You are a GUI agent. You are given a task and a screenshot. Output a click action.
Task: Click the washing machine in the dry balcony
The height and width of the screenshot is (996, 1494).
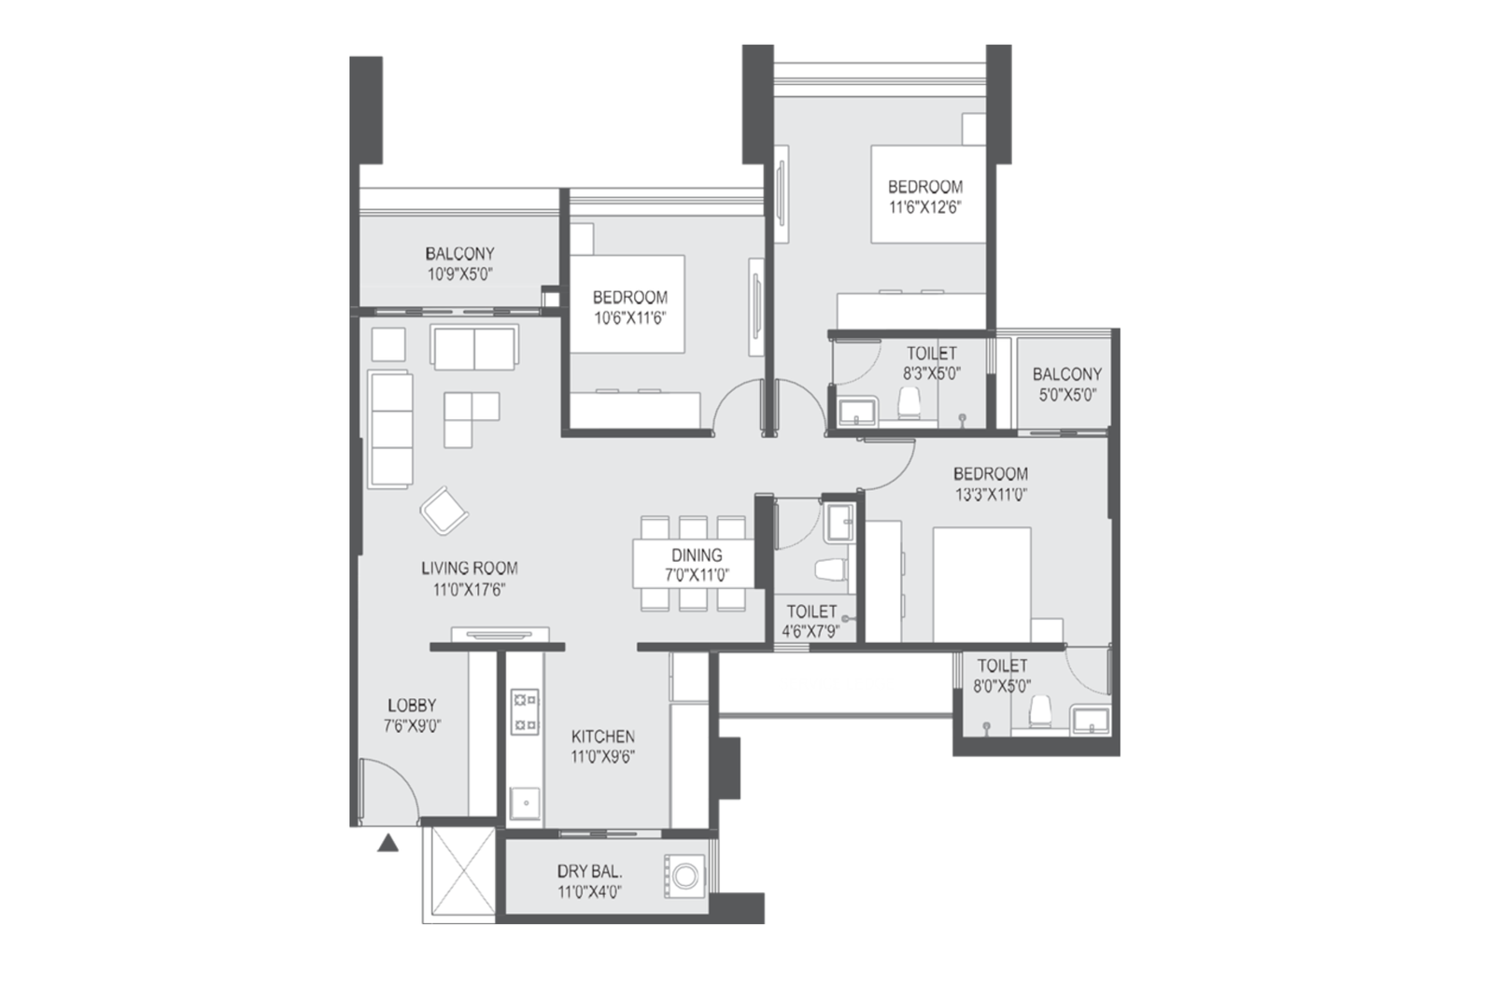(x=685, y=877)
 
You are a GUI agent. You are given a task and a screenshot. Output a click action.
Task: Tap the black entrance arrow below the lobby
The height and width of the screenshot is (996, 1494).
(x=388, y=844)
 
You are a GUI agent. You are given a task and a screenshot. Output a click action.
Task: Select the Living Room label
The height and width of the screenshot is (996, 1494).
(x=469, y=568)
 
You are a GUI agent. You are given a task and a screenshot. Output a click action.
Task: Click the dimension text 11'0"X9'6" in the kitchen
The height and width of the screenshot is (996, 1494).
(x=602, y=757)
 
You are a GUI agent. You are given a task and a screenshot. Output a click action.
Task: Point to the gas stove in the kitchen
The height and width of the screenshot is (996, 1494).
(x=524, y=711)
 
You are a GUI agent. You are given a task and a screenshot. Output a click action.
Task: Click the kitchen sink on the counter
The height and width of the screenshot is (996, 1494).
(x=525, y=804)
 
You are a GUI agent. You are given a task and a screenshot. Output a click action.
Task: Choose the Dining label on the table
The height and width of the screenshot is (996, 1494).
(x=697, y=555)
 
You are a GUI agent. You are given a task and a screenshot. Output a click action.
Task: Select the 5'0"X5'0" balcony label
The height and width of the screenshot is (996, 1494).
(x=1066, y=394)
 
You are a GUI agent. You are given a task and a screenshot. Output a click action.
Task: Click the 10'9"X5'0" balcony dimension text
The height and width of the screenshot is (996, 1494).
(x=459, y=274)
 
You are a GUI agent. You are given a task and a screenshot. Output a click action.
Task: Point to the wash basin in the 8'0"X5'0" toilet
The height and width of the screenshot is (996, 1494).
(x=1089, y=720)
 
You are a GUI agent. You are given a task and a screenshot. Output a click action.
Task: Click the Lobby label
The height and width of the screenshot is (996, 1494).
(x=412, y=706)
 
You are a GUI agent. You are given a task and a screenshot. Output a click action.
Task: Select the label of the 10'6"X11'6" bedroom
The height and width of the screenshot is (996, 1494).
(x=630, y=298)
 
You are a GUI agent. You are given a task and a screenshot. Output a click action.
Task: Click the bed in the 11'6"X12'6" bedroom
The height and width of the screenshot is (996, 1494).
(x=927, y=194)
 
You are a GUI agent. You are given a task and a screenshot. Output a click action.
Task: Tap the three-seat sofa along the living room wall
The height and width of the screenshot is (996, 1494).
(x=390, y=428)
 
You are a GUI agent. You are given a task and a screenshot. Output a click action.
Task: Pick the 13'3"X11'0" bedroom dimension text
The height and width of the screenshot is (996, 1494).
(x=991, y=495)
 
